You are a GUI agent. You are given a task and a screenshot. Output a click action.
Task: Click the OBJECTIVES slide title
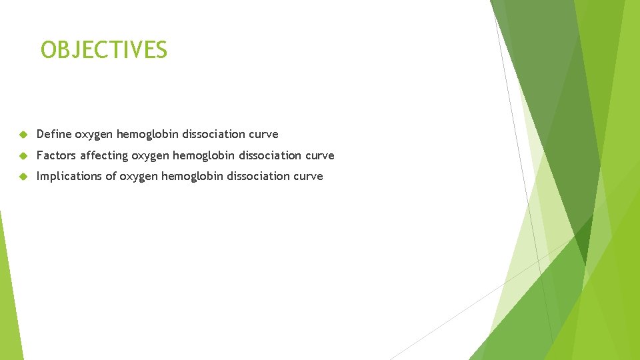click(x=104, y=50)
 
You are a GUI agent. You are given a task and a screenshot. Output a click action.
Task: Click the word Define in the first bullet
click(x=54, y=134)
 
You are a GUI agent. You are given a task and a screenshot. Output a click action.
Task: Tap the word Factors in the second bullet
click(x=56, y=155)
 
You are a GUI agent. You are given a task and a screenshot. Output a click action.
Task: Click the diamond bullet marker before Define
click(x=22, y=135)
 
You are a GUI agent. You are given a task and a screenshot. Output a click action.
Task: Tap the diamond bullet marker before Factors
click(x=22, y=156)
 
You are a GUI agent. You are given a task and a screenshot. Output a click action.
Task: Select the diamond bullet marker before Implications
click(x=22, y=177)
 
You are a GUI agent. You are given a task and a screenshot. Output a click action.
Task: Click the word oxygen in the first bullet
click(x=94, y=135)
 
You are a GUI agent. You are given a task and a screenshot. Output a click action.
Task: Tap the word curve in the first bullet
click(x=263, y=134)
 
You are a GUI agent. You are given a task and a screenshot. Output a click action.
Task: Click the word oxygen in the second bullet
click(x=150, y=156)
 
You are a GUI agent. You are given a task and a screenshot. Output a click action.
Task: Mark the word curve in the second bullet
click(x=319, y=155)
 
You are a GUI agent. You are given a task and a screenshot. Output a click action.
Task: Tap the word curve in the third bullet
click(x=308, y=176)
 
